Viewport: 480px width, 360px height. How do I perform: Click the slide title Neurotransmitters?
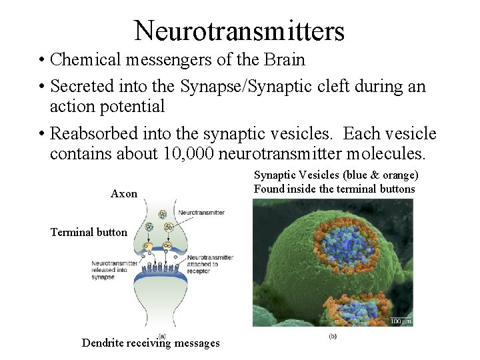(x=239, y=31)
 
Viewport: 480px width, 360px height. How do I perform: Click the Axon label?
(x=124, y=194)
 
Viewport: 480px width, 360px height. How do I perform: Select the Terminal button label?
(x=89, y=232)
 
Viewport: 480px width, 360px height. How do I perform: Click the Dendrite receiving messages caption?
(x=151, y=343)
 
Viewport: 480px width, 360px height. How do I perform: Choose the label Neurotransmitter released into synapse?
(x=113, y=270)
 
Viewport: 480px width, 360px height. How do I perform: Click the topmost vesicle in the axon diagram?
(x=162, y=215)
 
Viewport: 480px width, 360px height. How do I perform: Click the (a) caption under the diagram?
(x=162, y=335)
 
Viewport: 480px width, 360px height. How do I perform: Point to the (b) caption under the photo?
(x=332, y=336)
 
